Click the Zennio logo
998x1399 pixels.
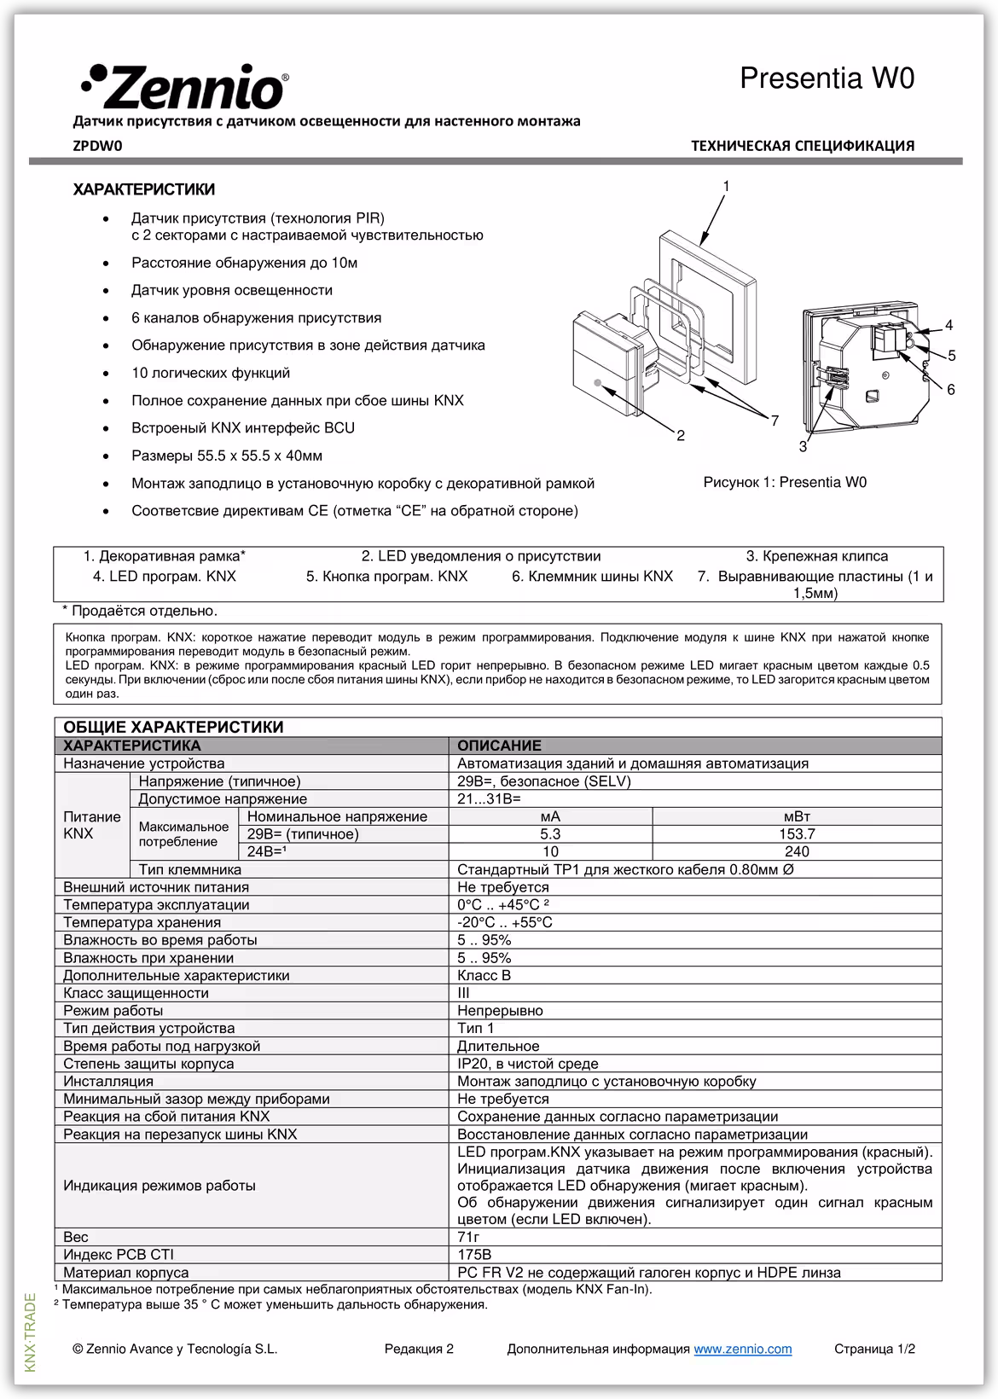tap(184, 85)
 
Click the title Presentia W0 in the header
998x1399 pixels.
tap(827, 78)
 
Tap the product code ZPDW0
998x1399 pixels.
tap(98, 146)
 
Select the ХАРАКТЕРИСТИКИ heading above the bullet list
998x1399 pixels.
tap(144, 189)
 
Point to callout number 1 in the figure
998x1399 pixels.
tap(726, 186)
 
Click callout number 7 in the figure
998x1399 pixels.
tap(775, 421)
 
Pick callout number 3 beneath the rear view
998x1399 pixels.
tap(803, 446)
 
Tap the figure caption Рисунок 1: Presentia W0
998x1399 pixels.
tap(784, 482)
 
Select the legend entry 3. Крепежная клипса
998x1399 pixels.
tap(816, 556)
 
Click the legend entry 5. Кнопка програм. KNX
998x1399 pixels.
tap(386, 576)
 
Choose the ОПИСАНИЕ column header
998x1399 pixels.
tap(499, 746)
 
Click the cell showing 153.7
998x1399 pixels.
tap(797, 834)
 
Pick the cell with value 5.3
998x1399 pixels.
tap(550, 834)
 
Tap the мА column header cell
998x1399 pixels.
tap(550, 816)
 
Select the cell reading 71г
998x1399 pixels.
tap(469, 1237)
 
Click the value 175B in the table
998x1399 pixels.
tap(474, 1255)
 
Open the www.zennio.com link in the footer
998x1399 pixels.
tap(742, 1349)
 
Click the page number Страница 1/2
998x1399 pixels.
tap(874, 1349)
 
